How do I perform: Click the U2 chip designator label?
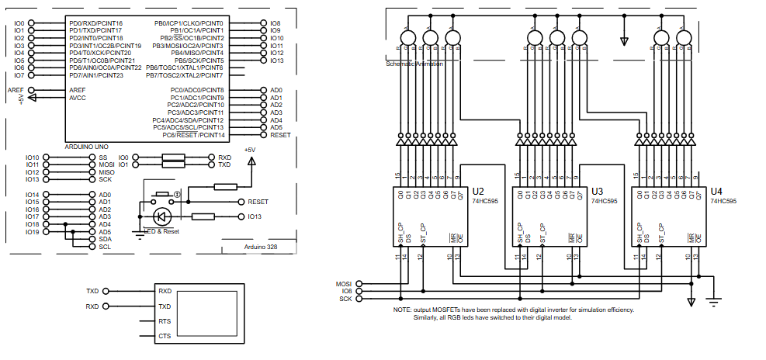tap(478, 191)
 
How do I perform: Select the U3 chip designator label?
tap(597, 191)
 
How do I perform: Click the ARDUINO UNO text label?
tap(86, 147)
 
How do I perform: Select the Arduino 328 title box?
tap(261, 246)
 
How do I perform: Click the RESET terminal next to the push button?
tap(242, 201)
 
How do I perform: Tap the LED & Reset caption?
tap(162, 231)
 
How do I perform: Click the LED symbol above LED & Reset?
tap(163, 216)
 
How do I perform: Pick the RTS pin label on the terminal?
tap(165, 321)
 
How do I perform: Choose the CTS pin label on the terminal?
tap(165, 336)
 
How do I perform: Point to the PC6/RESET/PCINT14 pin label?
tap(193, 135)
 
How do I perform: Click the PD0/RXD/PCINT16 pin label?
tap(95, 23)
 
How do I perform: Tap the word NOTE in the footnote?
tap(402, 310)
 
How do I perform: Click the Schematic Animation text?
tap(414, 64)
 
